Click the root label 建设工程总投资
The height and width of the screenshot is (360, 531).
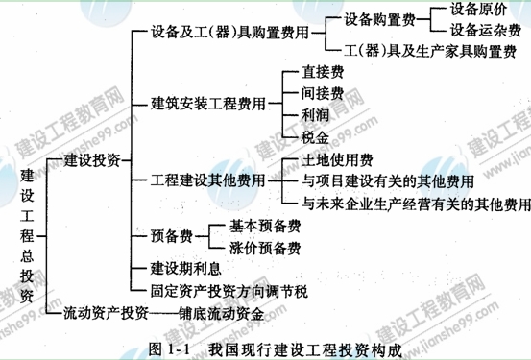click(x=25, y=234)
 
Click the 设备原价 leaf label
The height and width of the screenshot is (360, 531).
click(x=480, y=10)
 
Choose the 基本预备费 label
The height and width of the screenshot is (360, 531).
click(x=265, y=228)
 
